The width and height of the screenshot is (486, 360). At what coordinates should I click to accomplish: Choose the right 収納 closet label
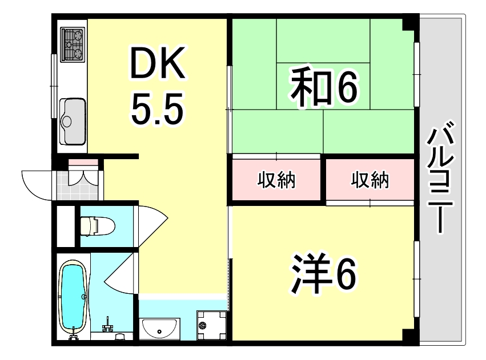point(369,180)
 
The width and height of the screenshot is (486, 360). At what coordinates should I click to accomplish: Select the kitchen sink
point(73,120)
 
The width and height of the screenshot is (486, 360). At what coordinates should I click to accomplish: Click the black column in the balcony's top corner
point(409,24)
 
